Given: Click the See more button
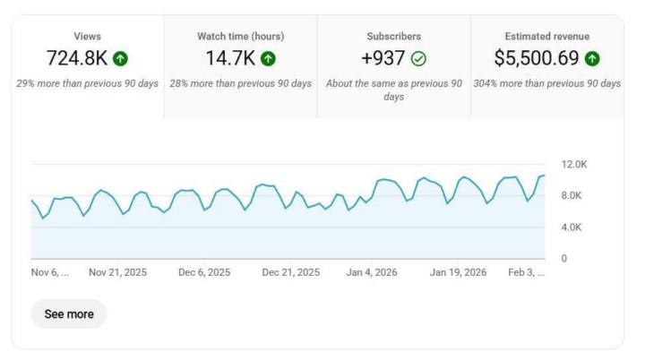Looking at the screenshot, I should pos(68,314).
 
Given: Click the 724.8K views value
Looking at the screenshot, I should pos(76,59).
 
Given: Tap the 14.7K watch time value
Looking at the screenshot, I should pos(228,59).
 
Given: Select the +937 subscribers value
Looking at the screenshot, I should pos(382,59).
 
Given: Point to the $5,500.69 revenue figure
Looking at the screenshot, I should pos(536,59).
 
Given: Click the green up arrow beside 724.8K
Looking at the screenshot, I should pos(120,59).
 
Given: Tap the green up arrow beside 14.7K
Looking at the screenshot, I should pos(268,59).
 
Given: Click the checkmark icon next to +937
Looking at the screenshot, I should pos(418,59).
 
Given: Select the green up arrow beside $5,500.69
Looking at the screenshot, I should pos(591,59).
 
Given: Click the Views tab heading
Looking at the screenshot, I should pos(88,36).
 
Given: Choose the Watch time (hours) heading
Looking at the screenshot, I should pos(240,36).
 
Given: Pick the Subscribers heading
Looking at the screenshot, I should pos(393,36).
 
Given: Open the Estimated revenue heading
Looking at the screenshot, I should pos(546,36).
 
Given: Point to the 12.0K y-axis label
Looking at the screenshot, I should pos(573,164).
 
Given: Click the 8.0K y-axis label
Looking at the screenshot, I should pos(572,196).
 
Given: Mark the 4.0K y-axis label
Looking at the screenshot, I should pos(572,227).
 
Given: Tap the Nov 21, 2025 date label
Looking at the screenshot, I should pos(117,272).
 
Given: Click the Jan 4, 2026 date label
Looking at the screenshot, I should pos(372,272).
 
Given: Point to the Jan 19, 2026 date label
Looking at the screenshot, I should pos(458,272).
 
